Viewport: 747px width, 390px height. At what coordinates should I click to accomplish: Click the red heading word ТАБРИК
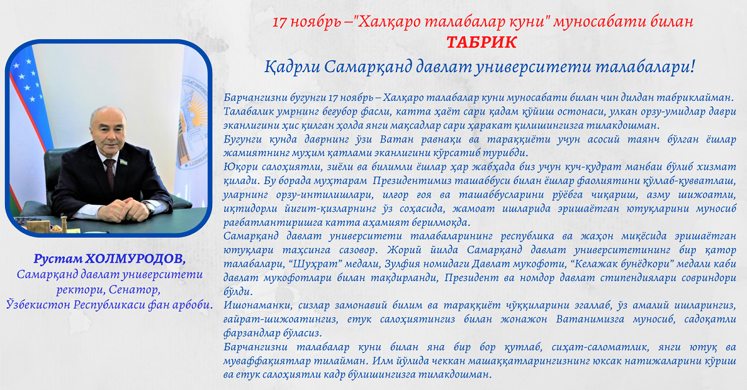482,42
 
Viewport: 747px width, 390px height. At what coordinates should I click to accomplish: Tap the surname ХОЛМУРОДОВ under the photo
136,259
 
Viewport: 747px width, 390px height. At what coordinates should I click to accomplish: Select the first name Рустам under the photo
58,259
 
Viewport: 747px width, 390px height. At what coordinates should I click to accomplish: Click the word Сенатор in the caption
134,290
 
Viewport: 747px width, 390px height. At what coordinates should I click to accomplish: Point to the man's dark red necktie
110,174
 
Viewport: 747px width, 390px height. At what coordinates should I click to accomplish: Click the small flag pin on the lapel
124,162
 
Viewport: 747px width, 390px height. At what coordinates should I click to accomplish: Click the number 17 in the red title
280,22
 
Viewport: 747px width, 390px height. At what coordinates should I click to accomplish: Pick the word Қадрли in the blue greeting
293,67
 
